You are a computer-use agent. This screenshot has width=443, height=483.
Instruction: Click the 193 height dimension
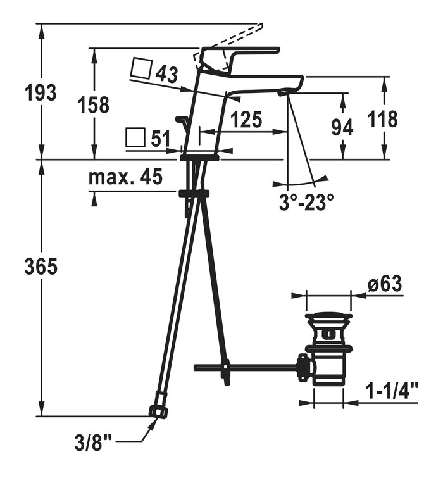[x=41, y=92]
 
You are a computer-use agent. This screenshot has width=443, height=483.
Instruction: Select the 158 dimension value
[x=94, y=104]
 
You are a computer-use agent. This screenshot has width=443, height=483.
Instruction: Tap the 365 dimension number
[x=41, y=267]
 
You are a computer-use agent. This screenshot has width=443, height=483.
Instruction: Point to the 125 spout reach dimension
[x=247, y=120]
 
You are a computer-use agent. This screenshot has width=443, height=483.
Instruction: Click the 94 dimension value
[x=342, y=127]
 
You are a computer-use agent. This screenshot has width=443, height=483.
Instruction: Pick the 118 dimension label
[x=383, y=119]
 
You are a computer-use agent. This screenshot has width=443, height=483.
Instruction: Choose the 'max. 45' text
[x=125, y=177]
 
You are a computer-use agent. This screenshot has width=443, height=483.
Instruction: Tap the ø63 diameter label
[x=385, y=284]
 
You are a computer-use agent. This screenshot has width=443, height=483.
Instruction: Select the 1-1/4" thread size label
[x=392, y=391]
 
